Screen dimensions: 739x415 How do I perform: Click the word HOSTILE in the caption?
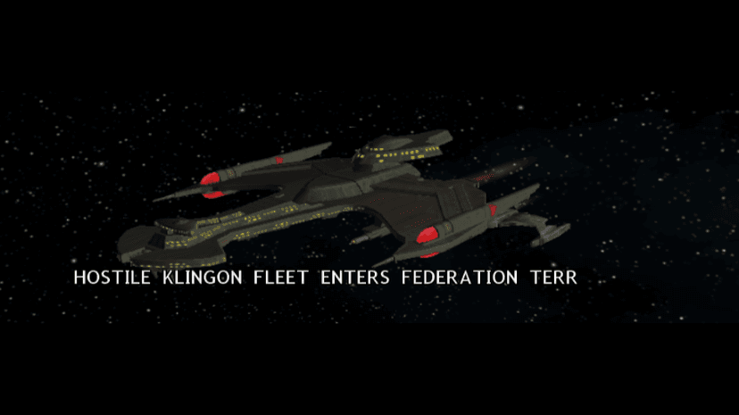click(112, 278)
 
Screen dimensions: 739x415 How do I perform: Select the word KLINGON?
click(203, 278)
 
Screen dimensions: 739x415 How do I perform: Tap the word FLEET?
click(281, 278)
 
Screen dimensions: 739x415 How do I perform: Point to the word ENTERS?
click(355, 278)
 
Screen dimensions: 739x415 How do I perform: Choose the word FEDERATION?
click(460, 278)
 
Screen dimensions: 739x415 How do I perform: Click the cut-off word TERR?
click(553, 278)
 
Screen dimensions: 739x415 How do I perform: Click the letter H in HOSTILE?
click(79, 278)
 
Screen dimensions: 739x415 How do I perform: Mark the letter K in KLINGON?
click(169, 278)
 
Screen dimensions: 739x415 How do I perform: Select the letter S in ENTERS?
click(384, 278)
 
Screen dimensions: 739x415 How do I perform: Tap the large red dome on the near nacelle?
click(428, 235)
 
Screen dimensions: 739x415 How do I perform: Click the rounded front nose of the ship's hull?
click(134, 246)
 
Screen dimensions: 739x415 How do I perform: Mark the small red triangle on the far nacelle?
click(279, 161)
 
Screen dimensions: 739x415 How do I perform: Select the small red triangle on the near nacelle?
click(493, 209)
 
